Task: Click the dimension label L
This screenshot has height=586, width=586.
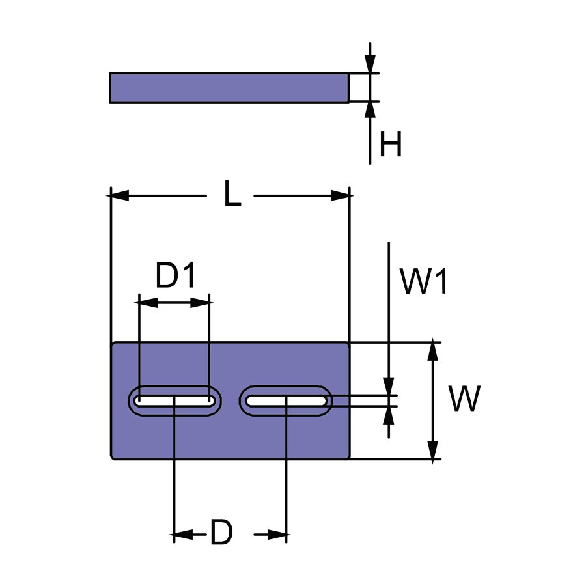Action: pos(232,195)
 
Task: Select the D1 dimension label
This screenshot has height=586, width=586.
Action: pos(176,277)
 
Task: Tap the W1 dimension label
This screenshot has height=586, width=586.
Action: pos(424,283)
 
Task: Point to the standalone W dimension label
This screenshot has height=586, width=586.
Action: pos(464,399)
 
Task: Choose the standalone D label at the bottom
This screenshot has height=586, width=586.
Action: pos(221,535)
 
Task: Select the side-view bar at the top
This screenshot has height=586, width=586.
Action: pos(229,87)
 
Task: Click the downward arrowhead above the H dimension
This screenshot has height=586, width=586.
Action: pos(370,64)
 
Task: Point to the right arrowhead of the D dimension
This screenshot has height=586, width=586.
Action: pos(278,535)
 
